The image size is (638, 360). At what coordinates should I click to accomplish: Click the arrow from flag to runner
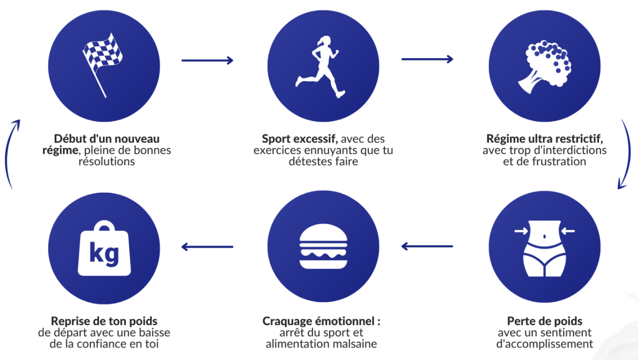click(207, 61)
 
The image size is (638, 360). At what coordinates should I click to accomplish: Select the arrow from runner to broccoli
click(427, 59)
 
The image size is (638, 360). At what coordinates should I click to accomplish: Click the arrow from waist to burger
click(427, 247)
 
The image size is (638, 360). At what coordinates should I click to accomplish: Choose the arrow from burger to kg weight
click(207, 247)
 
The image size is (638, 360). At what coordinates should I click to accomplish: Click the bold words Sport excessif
click(300, 139)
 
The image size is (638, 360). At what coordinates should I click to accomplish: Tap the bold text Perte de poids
click(544, 321)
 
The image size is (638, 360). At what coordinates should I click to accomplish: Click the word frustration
click(559, 162)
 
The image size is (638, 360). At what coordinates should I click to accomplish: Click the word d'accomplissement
click(544, 344)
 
